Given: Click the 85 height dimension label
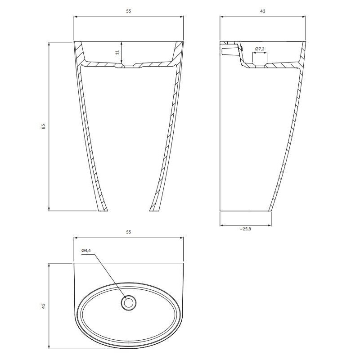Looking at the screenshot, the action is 43,126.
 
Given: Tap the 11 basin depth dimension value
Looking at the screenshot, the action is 117,52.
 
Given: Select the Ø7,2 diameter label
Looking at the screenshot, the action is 260,49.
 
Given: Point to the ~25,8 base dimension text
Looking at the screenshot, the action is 246,229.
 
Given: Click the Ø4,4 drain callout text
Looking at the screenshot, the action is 86,251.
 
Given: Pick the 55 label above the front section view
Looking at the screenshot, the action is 129,11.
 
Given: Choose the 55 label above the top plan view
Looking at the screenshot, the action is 129,232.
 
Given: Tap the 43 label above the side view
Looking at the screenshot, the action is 263,11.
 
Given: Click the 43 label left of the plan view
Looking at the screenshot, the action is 43,306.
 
